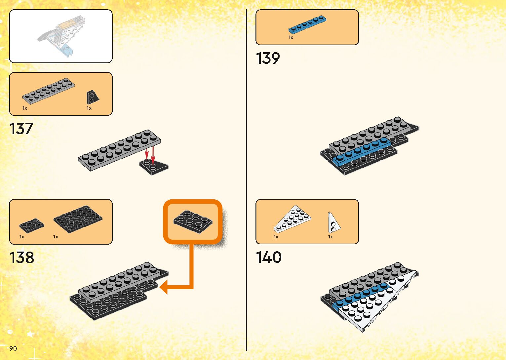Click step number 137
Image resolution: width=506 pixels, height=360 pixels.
coord(21,129)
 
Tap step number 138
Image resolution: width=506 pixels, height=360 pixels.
coord(22,258)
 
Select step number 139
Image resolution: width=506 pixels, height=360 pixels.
coord(268,58)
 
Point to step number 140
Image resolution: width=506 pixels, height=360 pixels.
coord(269,257)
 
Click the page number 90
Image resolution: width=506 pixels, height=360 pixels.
coord(13,348)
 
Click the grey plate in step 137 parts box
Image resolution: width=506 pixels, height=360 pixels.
coord(48,90)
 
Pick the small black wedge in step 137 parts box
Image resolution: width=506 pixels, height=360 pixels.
coord(92,97)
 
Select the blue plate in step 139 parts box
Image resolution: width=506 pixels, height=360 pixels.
coord(307,25)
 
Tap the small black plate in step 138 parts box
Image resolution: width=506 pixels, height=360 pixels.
coord(31,225)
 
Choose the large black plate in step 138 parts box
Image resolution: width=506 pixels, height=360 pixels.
coord(78,219)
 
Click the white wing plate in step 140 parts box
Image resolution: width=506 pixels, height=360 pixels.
coord(292,219)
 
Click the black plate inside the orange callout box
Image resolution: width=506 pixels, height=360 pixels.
coord(193,221)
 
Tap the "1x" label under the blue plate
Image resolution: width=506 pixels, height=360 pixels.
coord(291,38)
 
